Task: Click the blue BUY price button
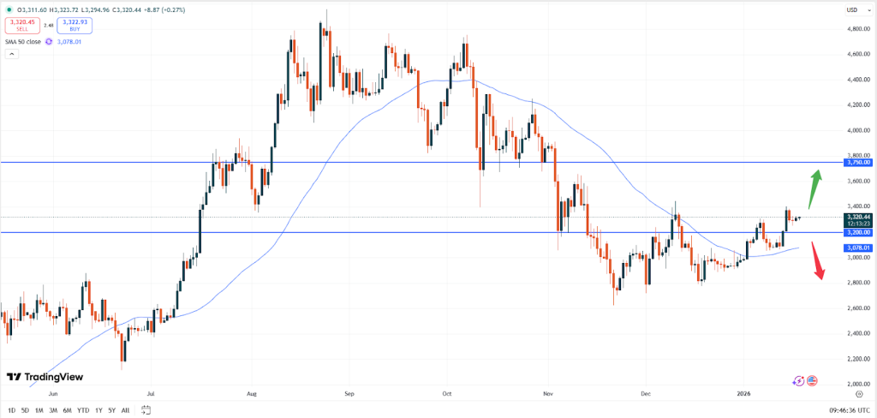click(x=75, y=25)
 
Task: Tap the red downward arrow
click(x=818, y=260)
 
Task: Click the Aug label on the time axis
click(x=251, y=396)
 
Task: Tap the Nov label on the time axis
click(x=547, y=396)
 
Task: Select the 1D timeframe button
click(x=10, y=410)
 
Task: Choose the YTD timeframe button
click(x=83, y=410)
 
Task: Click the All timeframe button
click(x=126, y=410)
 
